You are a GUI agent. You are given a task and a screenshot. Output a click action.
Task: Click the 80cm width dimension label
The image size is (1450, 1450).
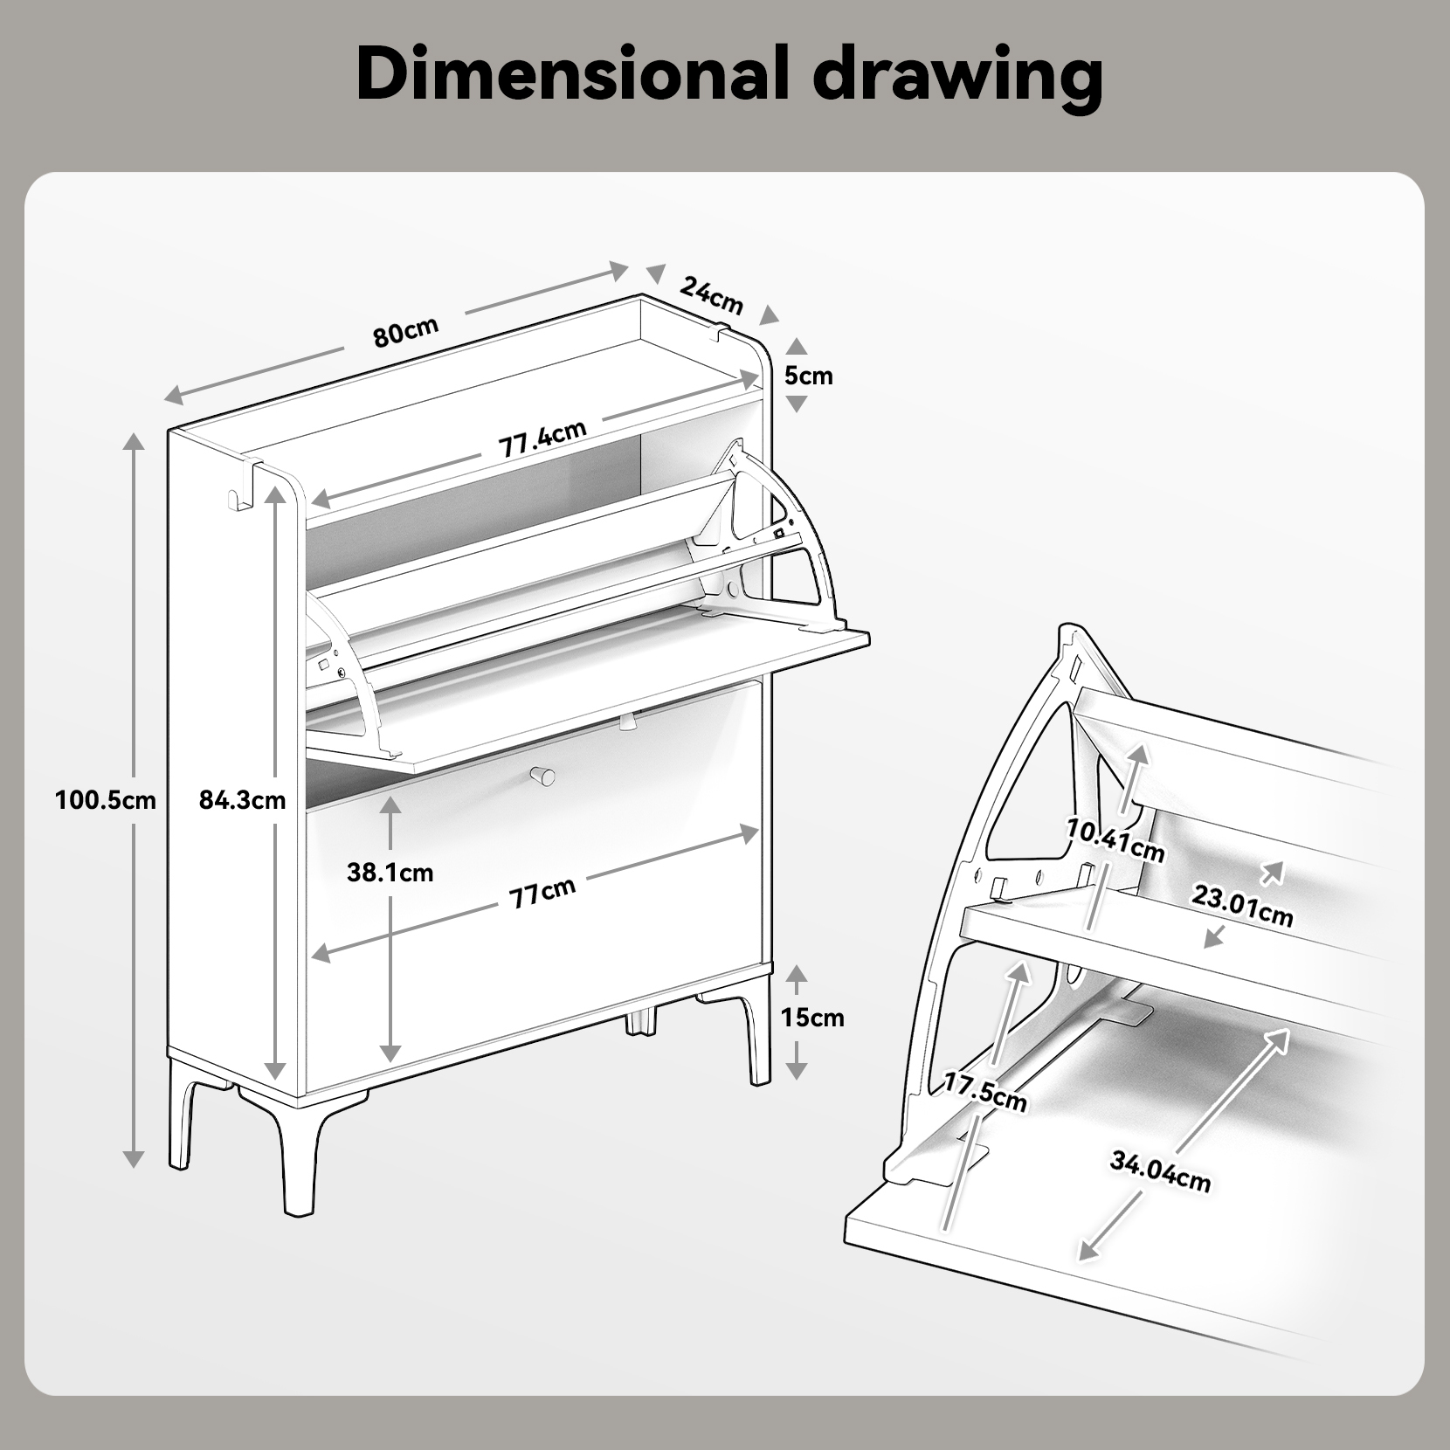(405, 331)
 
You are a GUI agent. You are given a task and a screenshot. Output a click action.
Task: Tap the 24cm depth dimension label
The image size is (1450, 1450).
(712, 295)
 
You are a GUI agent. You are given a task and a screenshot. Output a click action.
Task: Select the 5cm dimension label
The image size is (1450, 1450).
(808, 376)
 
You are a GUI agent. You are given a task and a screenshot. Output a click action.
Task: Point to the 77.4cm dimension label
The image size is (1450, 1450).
(542, 439)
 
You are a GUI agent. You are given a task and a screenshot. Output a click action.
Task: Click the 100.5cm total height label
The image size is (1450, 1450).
(105, 799)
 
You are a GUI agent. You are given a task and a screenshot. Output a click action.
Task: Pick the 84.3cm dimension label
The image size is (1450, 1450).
(243, 799)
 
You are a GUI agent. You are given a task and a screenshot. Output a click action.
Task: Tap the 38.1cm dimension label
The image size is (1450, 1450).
(390, 872)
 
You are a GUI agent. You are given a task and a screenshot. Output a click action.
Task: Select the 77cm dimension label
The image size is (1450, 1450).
(542, 892)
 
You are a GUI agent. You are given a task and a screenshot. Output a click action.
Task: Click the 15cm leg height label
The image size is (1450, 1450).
(812, 1017)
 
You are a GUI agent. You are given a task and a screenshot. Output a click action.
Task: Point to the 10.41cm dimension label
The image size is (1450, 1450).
(1115, 840)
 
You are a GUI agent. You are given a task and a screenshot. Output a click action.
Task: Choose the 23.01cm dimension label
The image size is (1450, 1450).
(1242, 905)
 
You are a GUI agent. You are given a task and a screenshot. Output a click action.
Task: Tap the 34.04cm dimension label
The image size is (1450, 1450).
(1160, 1171)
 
